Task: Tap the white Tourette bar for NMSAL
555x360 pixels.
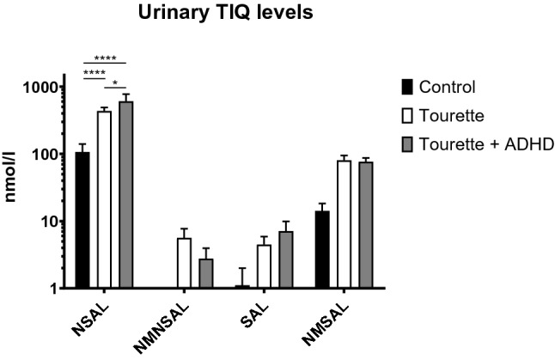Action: pyautogui.click(x=345, y=224)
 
